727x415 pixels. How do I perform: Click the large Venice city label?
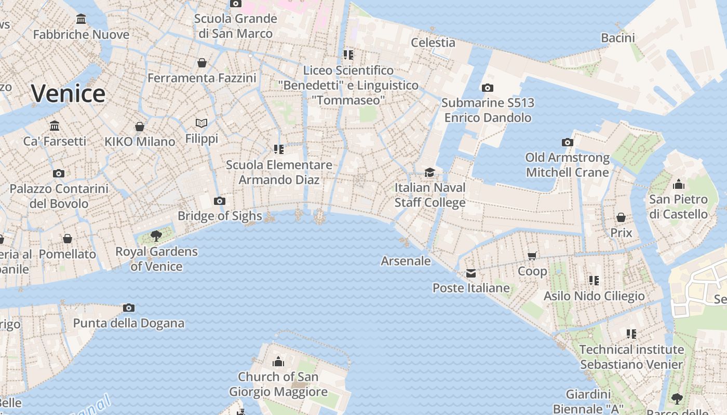[68, 93]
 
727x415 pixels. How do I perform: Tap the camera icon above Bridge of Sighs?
[220, 201]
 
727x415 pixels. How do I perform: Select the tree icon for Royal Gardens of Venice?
[156, 236]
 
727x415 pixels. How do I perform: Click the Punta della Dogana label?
[129, 323]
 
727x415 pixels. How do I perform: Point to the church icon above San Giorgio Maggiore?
[278, 361]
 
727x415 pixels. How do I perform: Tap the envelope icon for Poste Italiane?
[471, 273]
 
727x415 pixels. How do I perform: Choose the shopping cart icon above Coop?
[532, 256]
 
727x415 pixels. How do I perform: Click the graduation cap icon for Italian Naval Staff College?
[429, 172]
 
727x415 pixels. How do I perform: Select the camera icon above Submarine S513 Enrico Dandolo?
[487, 88]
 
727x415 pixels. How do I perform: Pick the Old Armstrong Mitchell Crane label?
[567, 164]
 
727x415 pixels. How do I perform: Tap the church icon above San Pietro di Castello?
[678, 184]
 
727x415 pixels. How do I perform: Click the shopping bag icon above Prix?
[621, 217]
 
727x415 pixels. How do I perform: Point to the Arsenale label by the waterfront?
[406, 260]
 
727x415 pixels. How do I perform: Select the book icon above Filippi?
[201, 123]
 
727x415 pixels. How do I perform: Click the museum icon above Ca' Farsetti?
[55, 126]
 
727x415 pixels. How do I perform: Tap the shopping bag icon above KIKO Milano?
[140, 127]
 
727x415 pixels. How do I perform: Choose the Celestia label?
[433, 43]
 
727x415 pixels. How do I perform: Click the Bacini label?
[618, 37]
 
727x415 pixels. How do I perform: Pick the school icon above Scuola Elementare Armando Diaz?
[279, 149]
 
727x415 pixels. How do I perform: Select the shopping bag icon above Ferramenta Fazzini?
[202, 63]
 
